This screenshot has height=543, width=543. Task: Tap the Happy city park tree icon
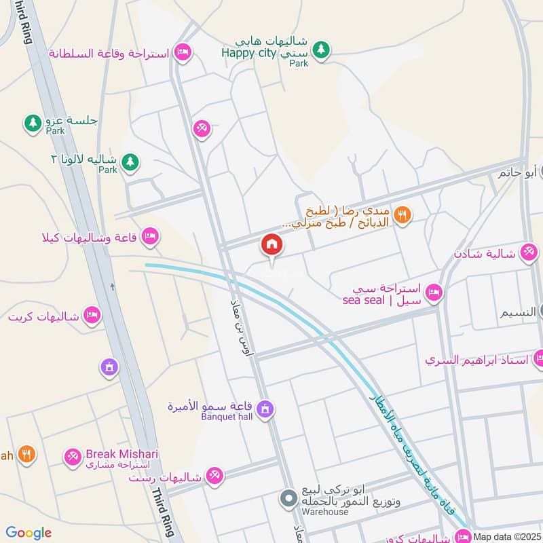(x=322, y=49)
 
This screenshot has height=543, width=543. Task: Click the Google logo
(x=29, y=533)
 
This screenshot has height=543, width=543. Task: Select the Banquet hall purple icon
(x=266, y=408)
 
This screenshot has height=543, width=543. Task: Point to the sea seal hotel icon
(x=435, y=293)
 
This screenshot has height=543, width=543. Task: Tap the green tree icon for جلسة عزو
(x=32, y=123)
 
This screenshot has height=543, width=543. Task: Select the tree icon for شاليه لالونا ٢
(x=131, y=162)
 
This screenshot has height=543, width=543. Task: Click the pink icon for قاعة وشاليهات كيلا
(x=150, y=236)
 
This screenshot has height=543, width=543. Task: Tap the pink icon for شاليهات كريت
(x=92, y=316)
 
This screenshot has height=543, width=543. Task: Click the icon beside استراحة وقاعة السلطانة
(x=182, y=52)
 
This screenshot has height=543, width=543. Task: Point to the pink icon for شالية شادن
(x=528, y=253)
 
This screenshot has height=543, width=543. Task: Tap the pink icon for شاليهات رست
(x=214, y=477)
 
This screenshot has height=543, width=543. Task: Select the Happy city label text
(x=249, y=54)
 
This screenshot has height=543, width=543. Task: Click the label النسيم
(x=521, y=313)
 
